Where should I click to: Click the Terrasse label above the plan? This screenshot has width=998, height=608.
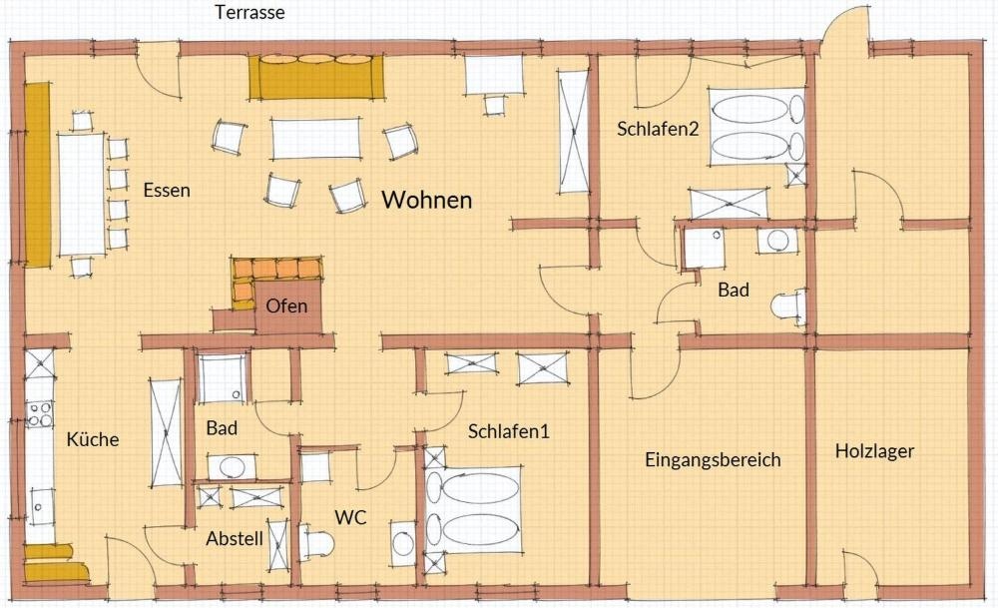coord(249,12)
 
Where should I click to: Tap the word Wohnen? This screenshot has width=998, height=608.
coord(426,200)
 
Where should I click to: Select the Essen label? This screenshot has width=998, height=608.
coord(166,190)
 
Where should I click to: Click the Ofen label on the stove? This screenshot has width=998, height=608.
coord(286,305)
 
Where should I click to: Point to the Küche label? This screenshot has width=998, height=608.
coord(92,439)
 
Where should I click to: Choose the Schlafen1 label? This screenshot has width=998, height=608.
coord(508,431)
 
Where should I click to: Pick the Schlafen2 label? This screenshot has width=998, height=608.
coord(658,129)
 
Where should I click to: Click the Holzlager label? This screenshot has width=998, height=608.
coord(874,450)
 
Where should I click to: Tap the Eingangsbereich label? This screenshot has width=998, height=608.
coord(713,459)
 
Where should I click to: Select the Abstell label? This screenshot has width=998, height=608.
coord(235,538)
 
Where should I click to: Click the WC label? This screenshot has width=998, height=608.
coord(350,517)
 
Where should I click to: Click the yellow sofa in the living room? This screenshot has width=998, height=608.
coord(316,77)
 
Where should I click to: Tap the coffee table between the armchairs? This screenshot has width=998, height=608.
coord(315,138)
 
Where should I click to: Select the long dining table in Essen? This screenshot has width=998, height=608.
coord(82,194)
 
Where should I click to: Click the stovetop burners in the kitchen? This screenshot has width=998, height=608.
coord(40,414)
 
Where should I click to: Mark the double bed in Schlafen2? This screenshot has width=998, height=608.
coord(756,127)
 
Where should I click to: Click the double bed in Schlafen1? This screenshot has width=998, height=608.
coord(473,510)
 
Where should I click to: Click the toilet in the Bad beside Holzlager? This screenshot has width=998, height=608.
coord(788,306)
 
